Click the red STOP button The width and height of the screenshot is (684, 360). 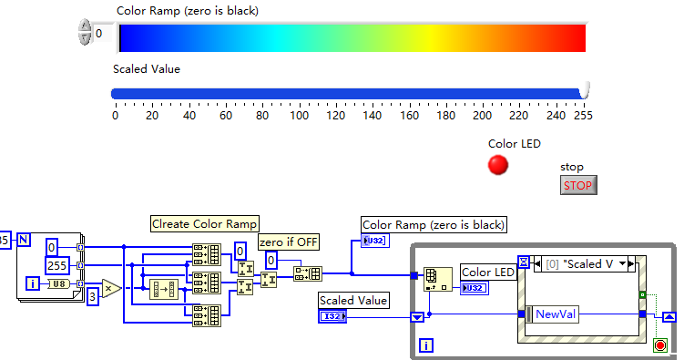[578, 185]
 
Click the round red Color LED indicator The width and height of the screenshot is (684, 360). [497, 165]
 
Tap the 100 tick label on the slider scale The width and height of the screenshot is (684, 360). [300, 116]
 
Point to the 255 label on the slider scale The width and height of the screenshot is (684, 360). [583, 116]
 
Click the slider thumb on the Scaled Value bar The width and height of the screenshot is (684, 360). [584, 90]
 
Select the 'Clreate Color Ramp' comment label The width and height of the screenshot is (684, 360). [205, 224]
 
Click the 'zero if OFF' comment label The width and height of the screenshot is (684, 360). [289, 242]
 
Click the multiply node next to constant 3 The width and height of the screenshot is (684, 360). [111, 288]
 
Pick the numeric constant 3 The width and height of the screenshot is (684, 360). [93, 297]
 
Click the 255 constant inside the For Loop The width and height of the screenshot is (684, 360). [56, 265]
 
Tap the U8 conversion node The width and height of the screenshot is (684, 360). [58, 283]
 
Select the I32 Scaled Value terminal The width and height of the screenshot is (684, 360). [332, 316]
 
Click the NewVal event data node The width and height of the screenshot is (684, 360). [552, 314]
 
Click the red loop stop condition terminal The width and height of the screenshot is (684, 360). [660, 345]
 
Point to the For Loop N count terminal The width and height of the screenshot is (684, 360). [24, 239]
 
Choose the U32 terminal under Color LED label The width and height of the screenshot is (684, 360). [475, 288]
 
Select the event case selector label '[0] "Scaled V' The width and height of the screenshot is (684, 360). [579, 264]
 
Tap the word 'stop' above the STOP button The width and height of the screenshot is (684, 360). [571, 167]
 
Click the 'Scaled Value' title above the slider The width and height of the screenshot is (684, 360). [147, 69]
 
